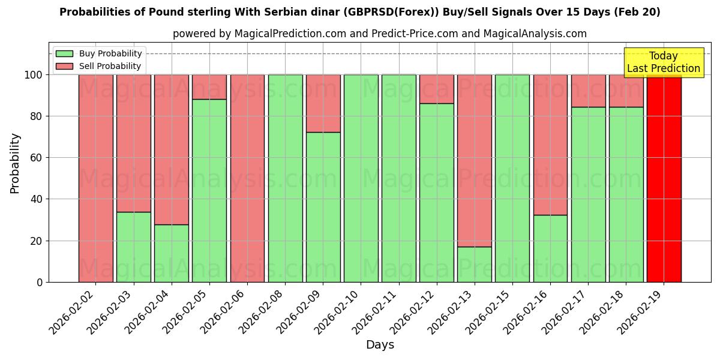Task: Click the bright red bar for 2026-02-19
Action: (x=664, y=178)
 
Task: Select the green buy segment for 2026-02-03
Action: (x=133, y=247)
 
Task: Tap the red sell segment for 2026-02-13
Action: (x=475, y=160)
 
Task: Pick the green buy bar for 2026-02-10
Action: (x=361, y=178)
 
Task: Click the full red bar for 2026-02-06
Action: (x=247, y=178)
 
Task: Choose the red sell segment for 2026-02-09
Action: (x=323, y=103)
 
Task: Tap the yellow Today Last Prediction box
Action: (x=664, y=62)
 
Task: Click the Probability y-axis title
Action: (x=15, y=163)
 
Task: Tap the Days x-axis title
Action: (x=380, y=345)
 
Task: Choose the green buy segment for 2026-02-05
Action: (x=209, y=190)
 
